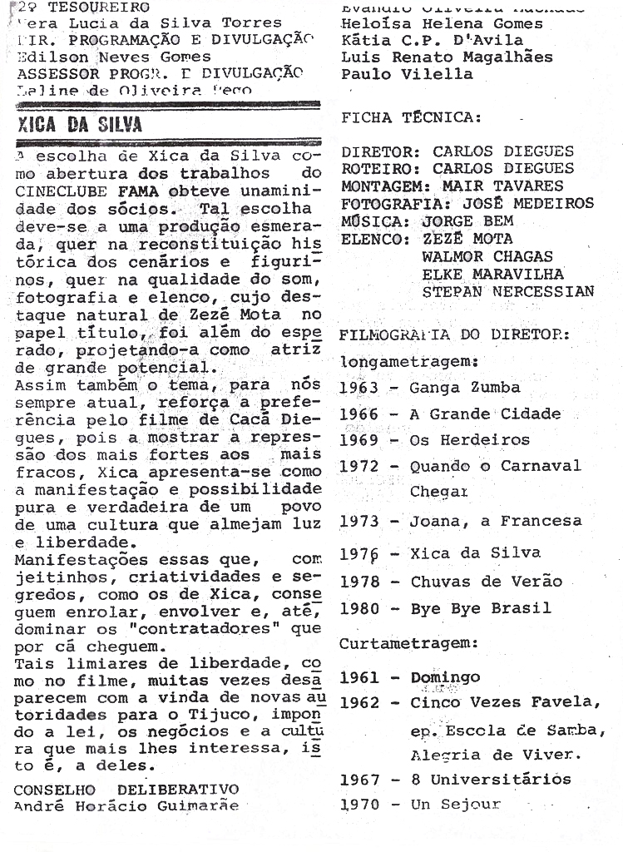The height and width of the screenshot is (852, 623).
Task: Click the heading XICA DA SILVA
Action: point(80,126)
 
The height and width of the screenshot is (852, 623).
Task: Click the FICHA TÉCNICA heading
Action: point(411,118)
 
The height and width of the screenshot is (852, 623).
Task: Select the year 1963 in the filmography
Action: point(358,388)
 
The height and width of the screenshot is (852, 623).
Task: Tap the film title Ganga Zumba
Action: point(465,388)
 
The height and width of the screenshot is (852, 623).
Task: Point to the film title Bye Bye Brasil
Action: point(481,608)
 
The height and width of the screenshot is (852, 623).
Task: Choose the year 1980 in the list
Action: point(359,608)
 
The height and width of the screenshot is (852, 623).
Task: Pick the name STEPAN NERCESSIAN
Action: point(507,291)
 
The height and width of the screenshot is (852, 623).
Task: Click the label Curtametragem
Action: point(408,643)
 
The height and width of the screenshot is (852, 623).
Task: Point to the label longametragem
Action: point(408,362)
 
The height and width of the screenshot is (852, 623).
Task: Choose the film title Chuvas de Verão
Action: point(487,582)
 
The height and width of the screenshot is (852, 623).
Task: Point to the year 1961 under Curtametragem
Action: point(359,678)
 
